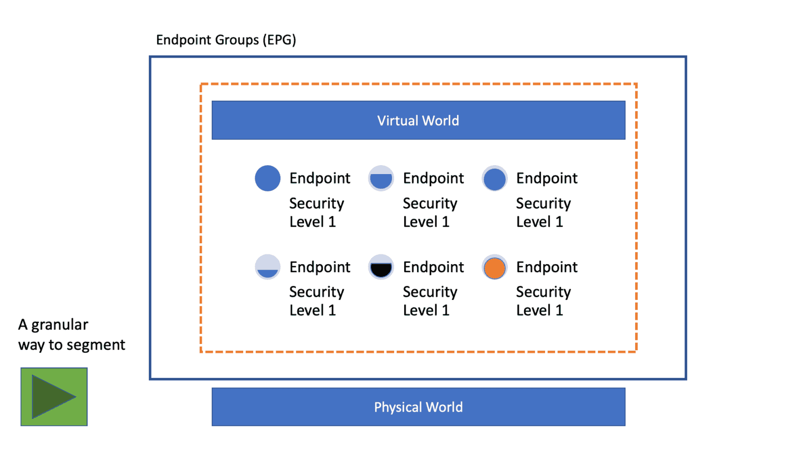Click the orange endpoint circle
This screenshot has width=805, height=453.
494,268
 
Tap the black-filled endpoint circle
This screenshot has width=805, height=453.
381,268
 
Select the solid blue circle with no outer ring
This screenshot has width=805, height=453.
267,178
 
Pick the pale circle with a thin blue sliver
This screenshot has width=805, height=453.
267,267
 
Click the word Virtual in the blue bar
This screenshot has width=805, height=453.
397,121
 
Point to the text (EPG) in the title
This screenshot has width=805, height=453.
279,40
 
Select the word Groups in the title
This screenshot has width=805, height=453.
235,40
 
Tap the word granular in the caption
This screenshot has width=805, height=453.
60,325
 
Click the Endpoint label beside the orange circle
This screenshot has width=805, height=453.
547,267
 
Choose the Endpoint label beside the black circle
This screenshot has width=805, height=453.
433,267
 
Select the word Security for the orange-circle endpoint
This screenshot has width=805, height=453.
543,292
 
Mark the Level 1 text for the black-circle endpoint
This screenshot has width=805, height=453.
426,310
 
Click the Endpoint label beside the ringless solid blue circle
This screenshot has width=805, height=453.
320,178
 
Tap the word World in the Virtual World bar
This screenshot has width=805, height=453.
440,121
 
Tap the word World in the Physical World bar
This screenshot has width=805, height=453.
444,407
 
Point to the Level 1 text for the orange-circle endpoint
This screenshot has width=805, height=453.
539,310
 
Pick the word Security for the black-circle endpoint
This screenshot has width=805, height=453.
430,292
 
